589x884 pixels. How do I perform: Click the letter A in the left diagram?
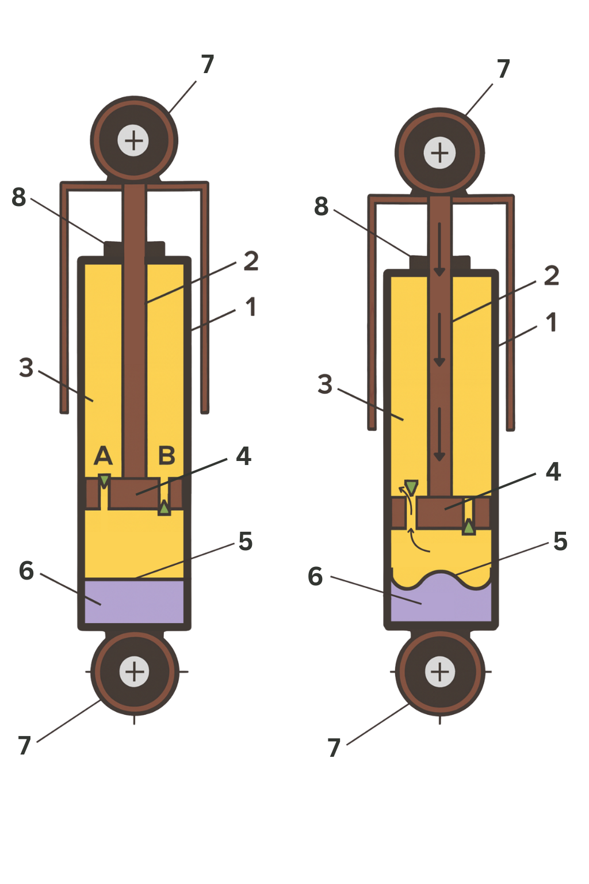103,456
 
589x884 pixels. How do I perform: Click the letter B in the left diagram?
167,456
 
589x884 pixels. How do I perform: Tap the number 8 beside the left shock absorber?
19,197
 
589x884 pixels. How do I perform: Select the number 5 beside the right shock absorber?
560,542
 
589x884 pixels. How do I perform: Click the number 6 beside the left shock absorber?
26,571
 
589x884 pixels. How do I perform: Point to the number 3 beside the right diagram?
325,384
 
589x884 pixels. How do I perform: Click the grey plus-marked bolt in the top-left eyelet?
133,140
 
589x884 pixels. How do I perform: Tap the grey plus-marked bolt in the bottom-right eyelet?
440,672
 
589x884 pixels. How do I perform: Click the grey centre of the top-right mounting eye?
439,153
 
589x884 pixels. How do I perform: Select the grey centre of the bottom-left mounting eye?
135,672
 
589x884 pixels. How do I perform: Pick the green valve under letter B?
165,508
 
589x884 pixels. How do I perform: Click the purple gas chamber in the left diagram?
135,601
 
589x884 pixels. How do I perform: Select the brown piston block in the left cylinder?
135,493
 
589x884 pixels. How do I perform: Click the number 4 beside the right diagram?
553,472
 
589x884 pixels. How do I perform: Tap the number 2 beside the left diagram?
251,261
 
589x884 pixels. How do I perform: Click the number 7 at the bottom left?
24,746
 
